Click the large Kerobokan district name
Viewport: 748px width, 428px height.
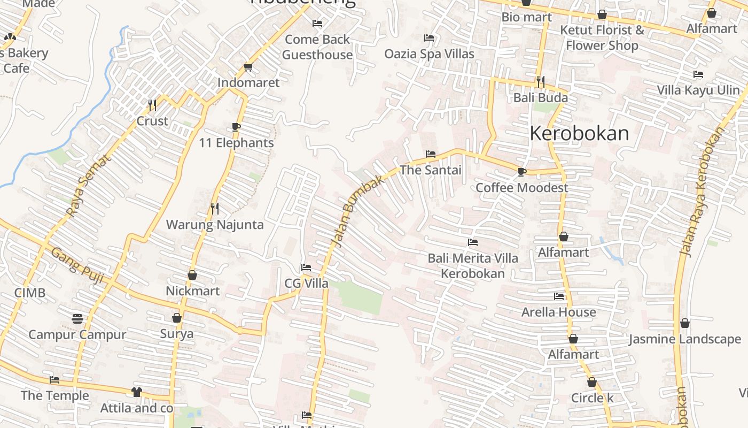[579, 133]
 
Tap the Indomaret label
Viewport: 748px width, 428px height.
[248, 82]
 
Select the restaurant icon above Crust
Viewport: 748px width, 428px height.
[152, 105]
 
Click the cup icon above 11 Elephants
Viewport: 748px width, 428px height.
[236, 127]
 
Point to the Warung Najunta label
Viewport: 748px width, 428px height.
[215, 225]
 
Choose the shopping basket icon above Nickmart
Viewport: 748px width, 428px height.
[192, 275]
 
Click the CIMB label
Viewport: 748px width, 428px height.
[30, 293]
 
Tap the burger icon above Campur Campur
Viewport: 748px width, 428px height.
[77, 319]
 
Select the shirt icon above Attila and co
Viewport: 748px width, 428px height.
[137, 392]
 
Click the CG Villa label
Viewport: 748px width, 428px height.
[306, 284]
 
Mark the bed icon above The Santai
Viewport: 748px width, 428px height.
[430, 154]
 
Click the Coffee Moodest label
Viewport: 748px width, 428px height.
[521, 188]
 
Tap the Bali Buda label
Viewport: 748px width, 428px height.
[540, 98]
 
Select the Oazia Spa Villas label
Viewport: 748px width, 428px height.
[429, 54]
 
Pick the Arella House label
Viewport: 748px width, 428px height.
[558, 312]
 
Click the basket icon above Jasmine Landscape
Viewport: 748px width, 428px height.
[685, 323]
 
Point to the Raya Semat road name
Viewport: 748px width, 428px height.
[89, 186]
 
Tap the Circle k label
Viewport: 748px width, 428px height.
[592, 398]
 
